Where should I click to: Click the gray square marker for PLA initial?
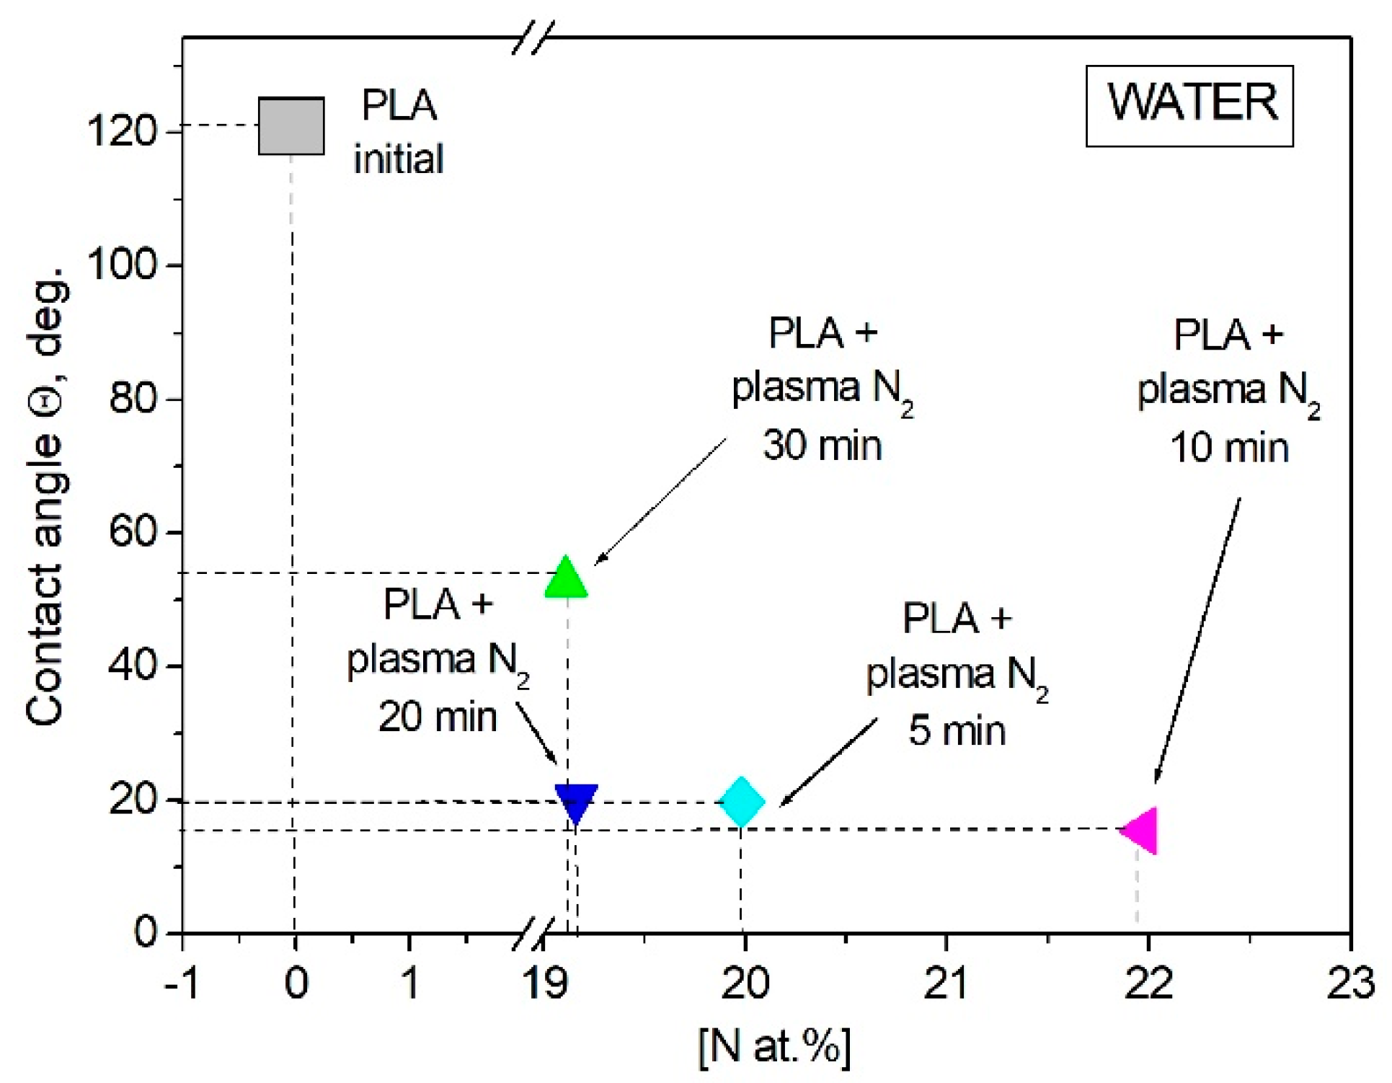point(291,125)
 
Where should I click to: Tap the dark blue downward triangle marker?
point(576,801)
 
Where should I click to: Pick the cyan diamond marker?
point(742,801)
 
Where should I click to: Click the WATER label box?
point(1189,105)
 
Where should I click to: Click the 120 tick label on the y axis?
point(121,132)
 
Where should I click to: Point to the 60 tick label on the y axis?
point(133,532)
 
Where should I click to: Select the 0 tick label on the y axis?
point(146,932)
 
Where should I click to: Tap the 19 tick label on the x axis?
point(546,982)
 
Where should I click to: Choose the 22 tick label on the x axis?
point(1148,982)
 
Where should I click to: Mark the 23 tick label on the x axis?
point(1350,982)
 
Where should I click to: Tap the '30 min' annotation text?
point(823,445)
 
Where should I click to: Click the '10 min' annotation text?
point(1229,447)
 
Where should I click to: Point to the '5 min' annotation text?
point(957,730)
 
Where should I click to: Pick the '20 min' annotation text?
point(438,717)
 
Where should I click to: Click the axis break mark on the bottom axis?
point(533,932)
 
